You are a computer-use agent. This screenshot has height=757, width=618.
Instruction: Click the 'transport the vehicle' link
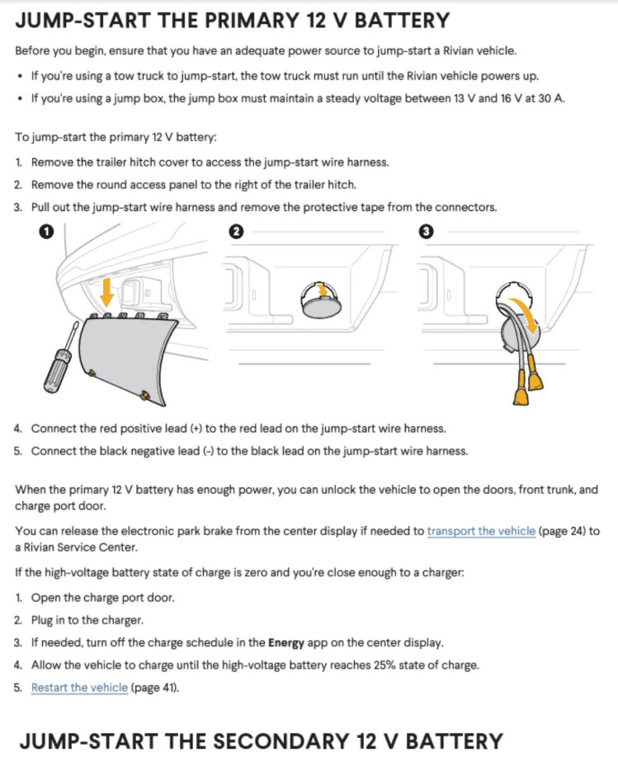[x=481, y=531]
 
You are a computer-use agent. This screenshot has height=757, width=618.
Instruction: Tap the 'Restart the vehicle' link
[x=80, y=688]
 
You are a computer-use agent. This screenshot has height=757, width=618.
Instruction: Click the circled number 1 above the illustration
[x=46, y=232]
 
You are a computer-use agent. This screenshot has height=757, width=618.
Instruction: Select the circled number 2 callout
[x=236, y=232]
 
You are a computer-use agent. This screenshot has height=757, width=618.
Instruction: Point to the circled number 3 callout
[x=427, y=232]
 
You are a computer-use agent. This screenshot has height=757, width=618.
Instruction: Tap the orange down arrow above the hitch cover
[x=106, y=293]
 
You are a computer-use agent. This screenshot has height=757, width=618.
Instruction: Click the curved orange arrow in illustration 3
[x=525, y=314]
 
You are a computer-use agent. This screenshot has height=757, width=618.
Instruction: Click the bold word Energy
[x=286, y=642]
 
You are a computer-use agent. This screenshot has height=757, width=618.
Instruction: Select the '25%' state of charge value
[x=384, y=665]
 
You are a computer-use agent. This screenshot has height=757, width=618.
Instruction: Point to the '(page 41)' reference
[x=154, y=688]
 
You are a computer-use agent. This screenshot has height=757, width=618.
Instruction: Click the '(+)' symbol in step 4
[x=196, y=429]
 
